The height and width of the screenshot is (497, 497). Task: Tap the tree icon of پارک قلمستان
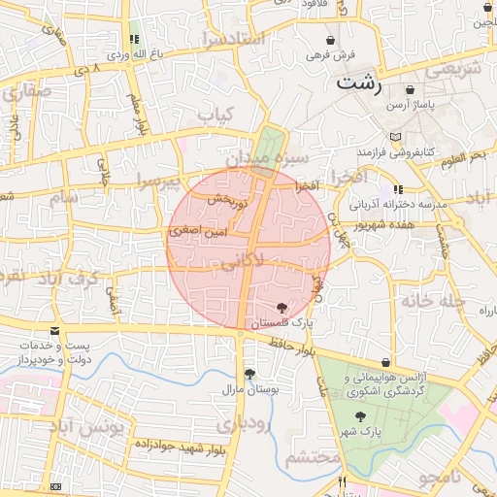(x=282, y=308)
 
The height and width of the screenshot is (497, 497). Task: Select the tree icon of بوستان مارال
(x=250, y=374)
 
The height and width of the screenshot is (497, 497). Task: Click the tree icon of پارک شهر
(x=361, y=416)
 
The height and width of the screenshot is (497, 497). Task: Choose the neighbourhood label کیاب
(x=215, y=115)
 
